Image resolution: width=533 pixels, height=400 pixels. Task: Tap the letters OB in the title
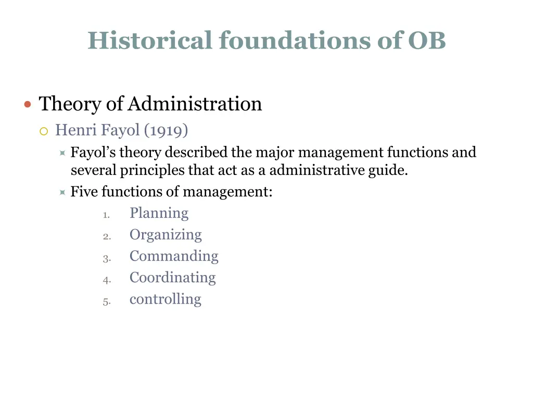427,41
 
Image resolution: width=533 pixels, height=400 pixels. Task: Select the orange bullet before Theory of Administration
28,104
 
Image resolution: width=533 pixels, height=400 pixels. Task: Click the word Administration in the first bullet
195,104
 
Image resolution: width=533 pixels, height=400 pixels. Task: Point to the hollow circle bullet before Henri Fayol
44,131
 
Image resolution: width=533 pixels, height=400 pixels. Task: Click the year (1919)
166,130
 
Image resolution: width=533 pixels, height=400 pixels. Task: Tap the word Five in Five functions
84,192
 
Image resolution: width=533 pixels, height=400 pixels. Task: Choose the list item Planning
159,214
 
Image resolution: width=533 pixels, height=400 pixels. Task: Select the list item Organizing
166,235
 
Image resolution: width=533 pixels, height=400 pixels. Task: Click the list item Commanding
174,256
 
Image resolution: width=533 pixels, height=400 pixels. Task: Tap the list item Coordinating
172,278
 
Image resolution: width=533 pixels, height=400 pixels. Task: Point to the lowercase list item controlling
165,299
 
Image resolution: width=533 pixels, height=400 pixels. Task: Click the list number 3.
106,258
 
